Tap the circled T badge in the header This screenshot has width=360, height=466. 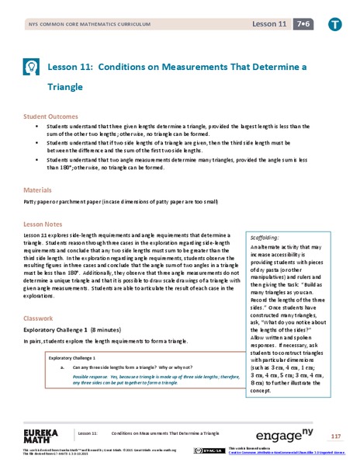pyautogui.click(x=334, y=26)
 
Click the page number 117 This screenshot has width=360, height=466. pyautogui.click(x=335, y=433)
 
